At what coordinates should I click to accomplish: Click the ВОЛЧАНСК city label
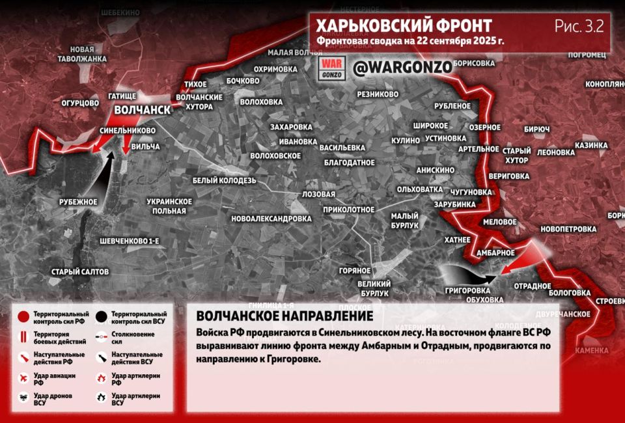point(142,110)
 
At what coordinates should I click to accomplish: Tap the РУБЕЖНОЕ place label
point(77,202)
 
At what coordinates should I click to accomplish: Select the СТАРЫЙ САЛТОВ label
point(81,271)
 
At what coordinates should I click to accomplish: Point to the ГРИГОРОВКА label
point(467,290)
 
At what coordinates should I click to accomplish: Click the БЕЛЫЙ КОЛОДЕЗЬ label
point(225,180)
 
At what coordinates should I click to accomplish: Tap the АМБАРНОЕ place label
point(496,252)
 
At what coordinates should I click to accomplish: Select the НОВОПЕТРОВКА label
point(568,229)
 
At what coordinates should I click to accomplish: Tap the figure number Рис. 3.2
point(579,26)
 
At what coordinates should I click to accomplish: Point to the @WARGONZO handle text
point(393,68)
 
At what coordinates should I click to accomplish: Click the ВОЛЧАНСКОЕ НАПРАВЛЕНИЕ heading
point(284,316)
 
